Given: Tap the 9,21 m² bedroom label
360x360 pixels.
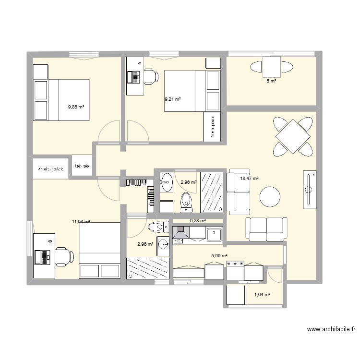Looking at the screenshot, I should tap(172, 99).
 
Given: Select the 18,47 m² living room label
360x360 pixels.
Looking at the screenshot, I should tap(249, 178).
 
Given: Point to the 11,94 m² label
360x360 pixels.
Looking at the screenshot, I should tap(81, 221).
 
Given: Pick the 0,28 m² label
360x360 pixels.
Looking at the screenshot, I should tap(198, 221).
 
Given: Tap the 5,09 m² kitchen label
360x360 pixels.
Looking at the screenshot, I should tap(219, 256).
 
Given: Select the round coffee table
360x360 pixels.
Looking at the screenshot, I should tap(270, 197).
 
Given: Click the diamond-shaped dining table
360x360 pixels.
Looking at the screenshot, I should tap(292, 136).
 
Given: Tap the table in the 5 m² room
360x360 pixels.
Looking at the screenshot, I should tap(271, 67).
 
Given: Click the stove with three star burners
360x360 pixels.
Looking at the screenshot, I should tap(235, 264).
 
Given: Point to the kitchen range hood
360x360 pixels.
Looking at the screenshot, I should tap(181, 234).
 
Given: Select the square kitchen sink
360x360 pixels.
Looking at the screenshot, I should tap(214, 234).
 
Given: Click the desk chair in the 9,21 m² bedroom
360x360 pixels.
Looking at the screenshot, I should tap(151, 76).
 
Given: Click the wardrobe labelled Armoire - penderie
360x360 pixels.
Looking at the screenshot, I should tap(51, 168).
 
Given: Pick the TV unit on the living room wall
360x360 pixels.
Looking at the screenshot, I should tap(310, 189).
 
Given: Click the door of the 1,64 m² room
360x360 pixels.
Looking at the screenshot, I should tap(275, 275).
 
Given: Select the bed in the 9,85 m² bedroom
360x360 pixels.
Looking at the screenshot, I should tap(61, 100).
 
